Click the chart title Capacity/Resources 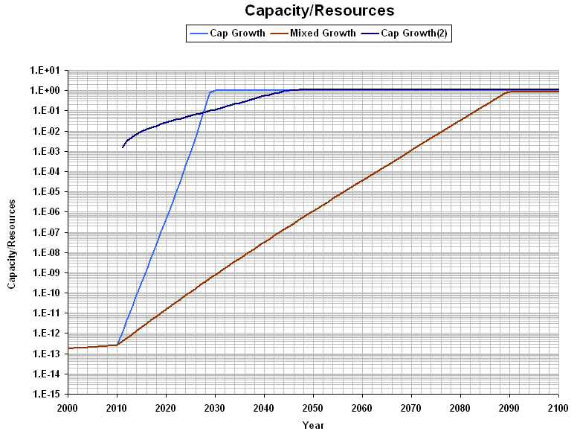pos(319,10)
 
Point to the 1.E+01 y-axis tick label pos(48,71)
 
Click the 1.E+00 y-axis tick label pos(48,91)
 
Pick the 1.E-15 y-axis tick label pos(48,394)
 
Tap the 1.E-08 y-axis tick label pos(48,252)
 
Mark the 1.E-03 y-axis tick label pos(48,152)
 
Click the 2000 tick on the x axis pos(68,407)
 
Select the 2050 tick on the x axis pos(313,407)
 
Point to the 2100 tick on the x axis pos(558,407)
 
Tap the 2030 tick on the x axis pos(215,407)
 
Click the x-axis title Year pos(313,425)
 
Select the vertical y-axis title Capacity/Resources pos(12,232)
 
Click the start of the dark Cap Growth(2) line pos(123,147)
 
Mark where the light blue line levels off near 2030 pos(215,90)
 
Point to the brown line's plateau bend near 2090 pos(509,92)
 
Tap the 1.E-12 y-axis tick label pos(48,334)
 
